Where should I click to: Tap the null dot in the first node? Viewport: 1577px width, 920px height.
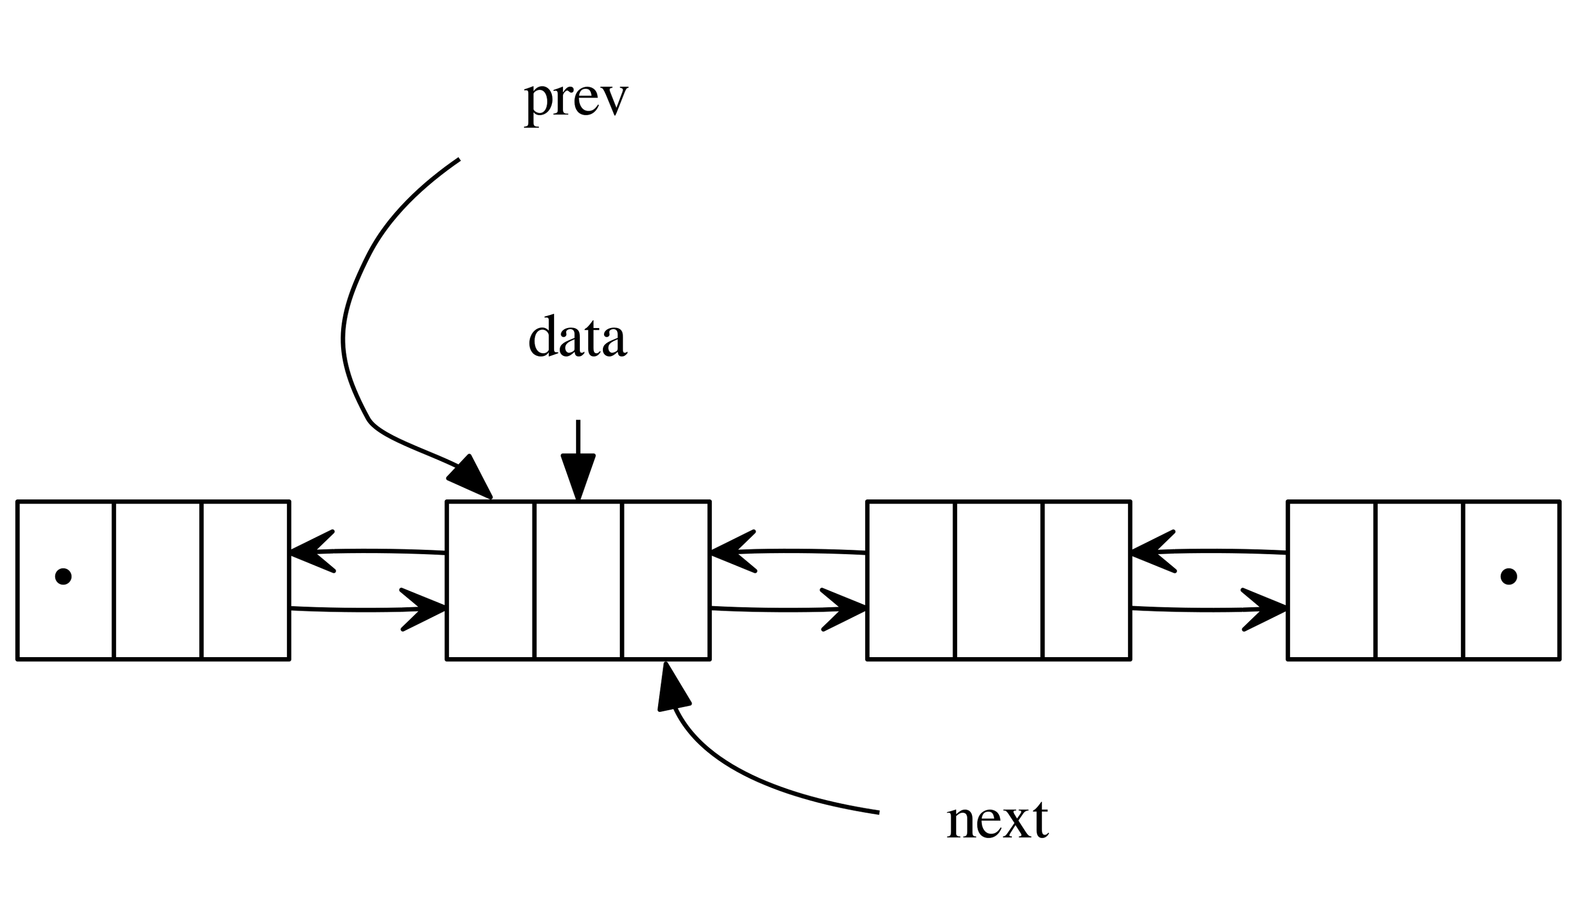63,576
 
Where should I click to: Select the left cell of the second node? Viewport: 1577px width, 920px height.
491,579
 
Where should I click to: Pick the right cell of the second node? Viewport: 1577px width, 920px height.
666,579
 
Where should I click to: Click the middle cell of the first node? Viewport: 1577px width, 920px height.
158,579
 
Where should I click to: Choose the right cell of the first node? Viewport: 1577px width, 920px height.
245,579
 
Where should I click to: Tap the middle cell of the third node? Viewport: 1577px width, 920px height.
999,579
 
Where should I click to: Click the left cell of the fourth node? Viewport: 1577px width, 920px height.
1332,579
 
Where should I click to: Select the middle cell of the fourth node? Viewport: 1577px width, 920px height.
1419,579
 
